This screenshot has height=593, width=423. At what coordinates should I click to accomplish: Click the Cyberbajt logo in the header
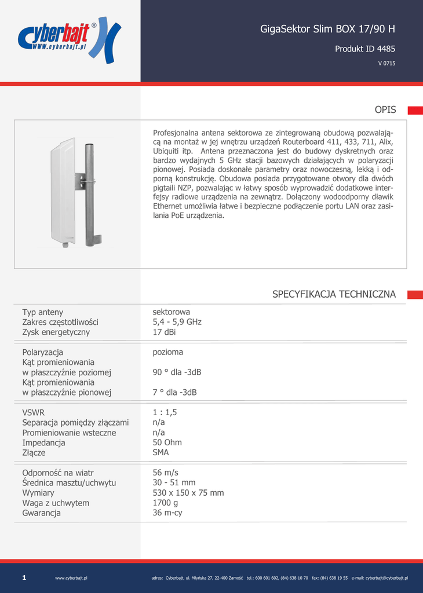(69, 39)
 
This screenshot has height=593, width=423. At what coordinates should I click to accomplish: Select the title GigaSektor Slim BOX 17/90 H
(327, 29)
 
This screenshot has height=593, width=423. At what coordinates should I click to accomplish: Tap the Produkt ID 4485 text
(365, 49)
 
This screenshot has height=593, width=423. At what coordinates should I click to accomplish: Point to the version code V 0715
(386, 64)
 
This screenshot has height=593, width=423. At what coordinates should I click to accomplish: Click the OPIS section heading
(385, 110)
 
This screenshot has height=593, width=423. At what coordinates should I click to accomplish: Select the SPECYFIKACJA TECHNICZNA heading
(334, 294)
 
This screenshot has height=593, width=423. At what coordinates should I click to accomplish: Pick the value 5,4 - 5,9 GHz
(177, 322)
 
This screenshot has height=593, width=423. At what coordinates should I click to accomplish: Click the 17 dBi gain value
(164, 332)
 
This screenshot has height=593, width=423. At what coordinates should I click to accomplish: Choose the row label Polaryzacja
(43, 352)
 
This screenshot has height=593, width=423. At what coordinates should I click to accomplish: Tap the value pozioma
(167, 352)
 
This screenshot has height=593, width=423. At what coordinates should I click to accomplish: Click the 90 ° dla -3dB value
(177, 372)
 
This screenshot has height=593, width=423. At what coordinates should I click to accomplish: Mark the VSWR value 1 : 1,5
(165, 412)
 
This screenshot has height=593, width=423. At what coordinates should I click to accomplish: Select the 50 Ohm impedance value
(167, 442)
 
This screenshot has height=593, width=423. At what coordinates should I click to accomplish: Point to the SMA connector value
(161, 453)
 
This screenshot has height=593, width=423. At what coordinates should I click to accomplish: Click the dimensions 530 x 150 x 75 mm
(188, 493)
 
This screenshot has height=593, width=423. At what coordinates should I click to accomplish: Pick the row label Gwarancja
(42, 513)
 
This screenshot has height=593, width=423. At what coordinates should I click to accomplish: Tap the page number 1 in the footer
(24, 577)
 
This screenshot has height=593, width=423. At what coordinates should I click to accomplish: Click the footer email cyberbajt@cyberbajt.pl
(386, 578)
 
